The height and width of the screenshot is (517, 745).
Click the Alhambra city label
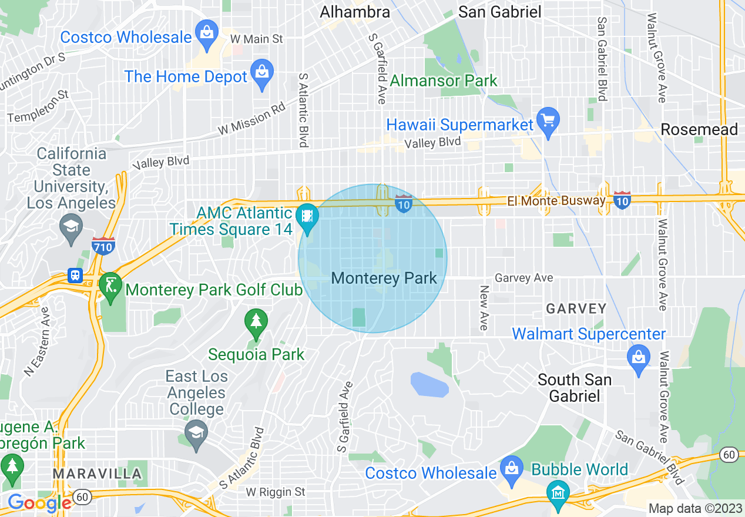[x=354, y=12]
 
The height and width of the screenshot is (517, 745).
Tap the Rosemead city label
[x=699, y=129]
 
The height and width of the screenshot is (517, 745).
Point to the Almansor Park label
[x=444, y=80]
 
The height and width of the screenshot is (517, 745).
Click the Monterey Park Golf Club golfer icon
[x=110, y=286]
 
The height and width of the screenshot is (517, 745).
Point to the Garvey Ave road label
[x=523, y=278]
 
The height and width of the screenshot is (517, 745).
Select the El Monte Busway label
[x=556, y=201]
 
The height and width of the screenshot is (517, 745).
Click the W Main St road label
[x=257, y=39]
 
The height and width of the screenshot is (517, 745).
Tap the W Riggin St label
[x=276, y=491]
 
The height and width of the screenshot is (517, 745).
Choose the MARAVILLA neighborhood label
[x=97, y=474]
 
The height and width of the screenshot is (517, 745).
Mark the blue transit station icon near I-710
[x=75, y=276]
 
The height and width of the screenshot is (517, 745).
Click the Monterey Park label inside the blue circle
[x=384, y=278]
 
